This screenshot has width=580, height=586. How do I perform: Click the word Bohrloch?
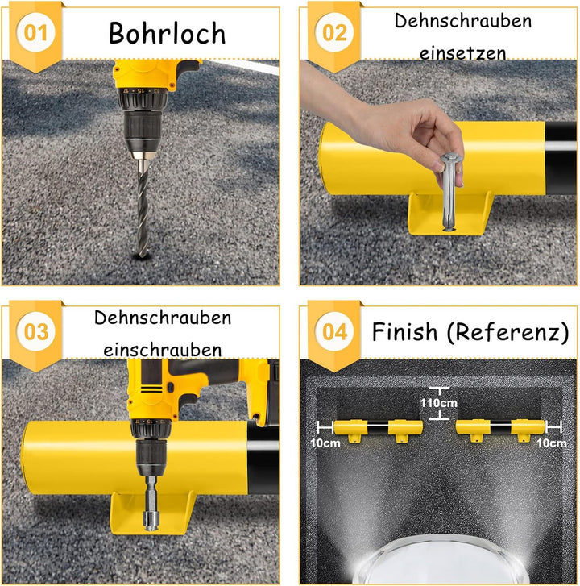167,33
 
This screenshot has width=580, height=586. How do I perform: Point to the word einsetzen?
462,52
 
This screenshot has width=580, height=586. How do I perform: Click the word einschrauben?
163,350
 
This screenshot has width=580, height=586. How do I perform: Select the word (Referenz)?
506,331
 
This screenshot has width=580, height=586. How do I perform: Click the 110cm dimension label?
438,403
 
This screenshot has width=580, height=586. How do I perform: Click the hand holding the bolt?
403,129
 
